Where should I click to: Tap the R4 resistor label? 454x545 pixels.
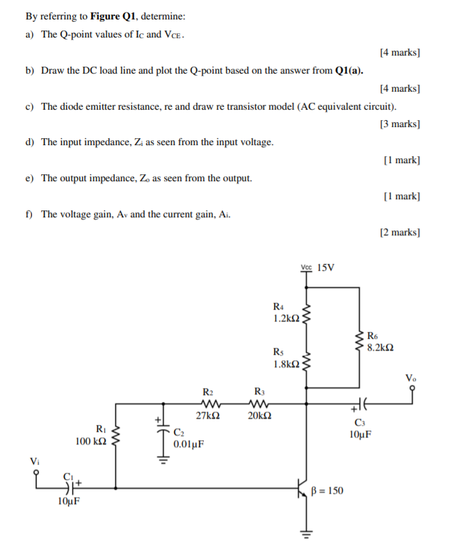pyautogui.click(x=279, y=306)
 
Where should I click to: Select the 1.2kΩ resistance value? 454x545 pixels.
pyautogui.click(x=286, y=318)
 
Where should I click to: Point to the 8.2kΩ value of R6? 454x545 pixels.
pyautogui.click(x=382, y=346)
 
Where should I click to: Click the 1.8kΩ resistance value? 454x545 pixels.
pyautogui.click(x=286, y=364)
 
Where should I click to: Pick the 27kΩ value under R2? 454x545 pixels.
pyautogui.click(x=209, y=416)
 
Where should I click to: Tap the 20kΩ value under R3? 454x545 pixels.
pyautogui.click(x=260, y=416)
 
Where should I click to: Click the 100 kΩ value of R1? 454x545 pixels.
pyautogui.click(x=91, y=441)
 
